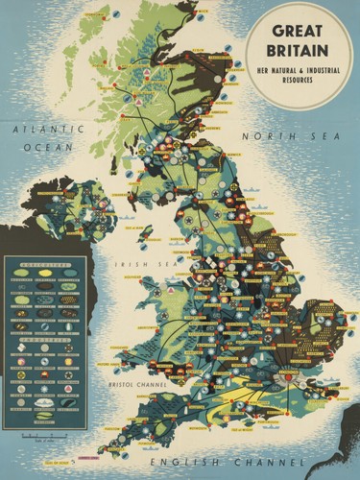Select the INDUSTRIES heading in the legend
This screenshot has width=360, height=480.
(44, 335)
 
